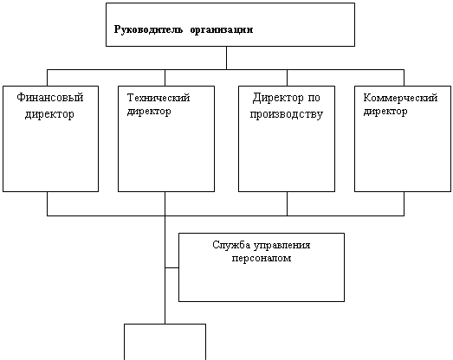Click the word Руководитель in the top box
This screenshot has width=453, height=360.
coord(148,29)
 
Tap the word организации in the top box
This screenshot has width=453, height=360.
coord(222,30)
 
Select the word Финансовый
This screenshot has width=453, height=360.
coord(50,97)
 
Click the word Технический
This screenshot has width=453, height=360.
coord(159,98)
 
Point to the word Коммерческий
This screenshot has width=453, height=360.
coord(400,98)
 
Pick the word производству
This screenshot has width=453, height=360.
coord(287,114)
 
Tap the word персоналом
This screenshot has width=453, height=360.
coord(262,258)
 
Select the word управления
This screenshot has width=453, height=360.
coord(282,246)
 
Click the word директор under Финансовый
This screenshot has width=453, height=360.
coord(49,114)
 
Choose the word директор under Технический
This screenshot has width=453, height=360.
coord(149,111)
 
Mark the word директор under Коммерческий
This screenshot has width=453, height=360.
coord(385,111)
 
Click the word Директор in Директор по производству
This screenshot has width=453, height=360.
coord(278,98)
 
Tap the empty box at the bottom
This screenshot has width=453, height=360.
coord(165,342)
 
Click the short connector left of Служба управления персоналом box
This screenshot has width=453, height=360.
coord(171,268)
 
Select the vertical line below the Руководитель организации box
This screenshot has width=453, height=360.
coord(226,58)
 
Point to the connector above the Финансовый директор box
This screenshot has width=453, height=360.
coord(47,78)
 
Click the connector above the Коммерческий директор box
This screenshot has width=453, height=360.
coord(404,78)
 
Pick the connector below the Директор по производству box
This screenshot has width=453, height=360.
coord(288,203)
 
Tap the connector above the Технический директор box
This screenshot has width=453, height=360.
coord(165,78)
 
